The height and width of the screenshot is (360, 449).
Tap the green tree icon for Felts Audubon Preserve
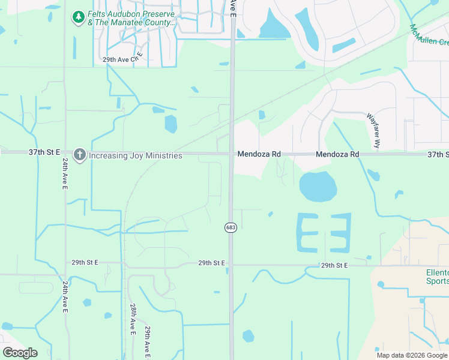point(78,17)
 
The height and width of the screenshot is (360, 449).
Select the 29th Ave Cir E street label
point(123,59)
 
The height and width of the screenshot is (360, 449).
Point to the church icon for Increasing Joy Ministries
point(79,155)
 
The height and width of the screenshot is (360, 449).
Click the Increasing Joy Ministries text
point(135,155)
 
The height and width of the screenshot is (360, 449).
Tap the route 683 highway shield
point(231,227)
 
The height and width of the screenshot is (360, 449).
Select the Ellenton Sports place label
point(438,276)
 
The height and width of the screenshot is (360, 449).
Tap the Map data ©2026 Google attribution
point(412,355)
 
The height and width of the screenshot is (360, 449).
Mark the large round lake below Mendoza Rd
point(318,187)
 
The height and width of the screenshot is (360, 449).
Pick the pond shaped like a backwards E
point(339,232)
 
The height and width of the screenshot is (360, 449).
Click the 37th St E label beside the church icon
point(44,152)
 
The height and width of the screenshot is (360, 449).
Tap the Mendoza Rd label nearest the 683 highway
point(259,154)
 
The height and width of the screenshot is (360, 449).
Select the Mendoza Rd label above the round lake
point(337,154)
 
